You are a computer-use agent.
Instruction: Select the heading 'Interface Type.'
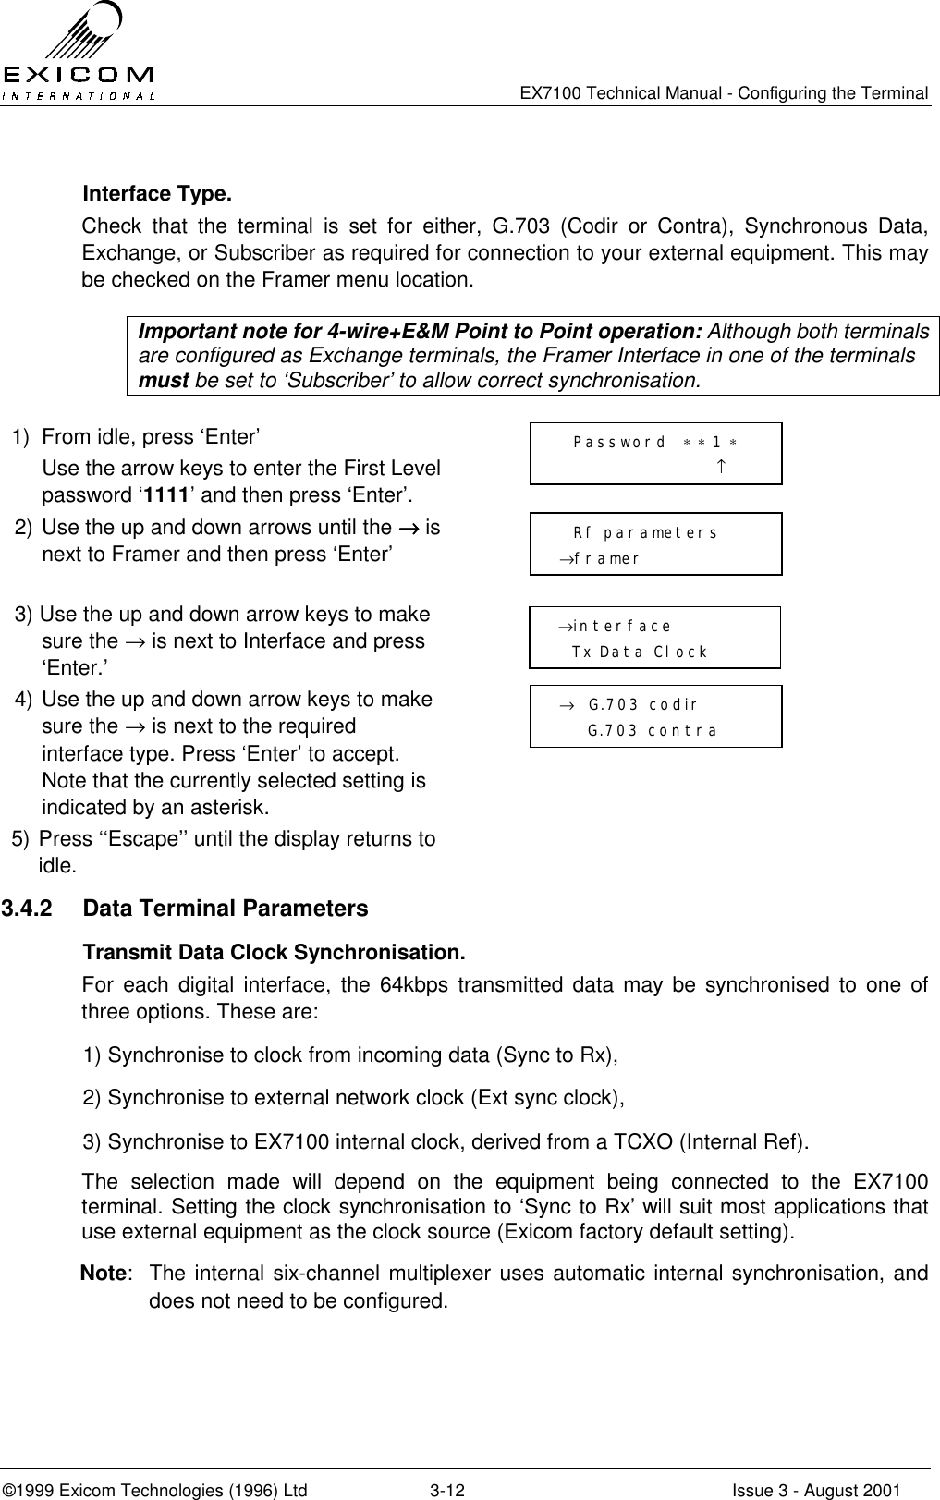click(157, 195)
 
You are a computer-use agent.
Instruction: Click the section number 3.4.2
click(27, 909)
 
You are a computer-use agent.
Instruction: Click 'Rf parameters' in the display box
click(645, 533)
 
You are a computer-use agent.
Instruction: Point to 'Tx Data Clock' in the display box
click(640, 652)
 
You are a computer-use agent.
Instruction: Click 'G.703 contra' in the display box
click(653, 730)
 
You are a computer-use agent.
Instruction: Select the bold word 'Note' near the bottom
click(104, 1274)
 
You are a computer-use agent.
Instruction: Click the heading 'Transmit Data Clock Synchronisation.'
click(274, 953)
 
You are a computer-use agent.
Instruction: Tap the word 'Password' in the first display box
click(619, 442)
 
